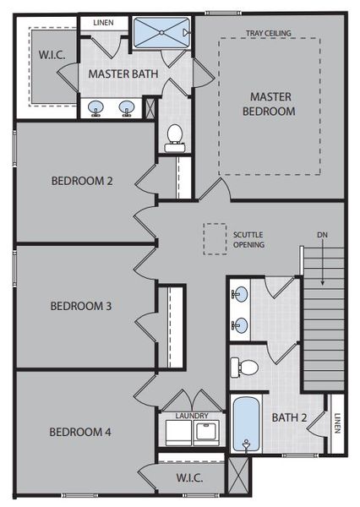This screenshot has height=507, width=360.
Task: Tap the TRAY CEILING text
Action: tap(269, 33)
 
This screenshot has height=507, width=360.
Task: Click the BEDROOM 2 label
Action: tap(82, 180)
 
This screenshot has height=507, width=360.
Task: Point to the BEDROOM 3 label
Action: tap(81, 306)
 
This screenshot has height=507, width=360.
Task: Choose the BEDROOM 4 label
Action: tap(81, 432)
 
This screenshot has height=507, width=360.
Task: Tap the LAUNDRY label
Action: tap(192, 416)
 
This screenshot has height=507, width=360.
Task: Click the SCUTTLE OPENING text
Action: tap(249, 239)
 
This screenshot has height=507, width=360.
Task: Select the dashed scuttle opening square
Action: tap(215, 237)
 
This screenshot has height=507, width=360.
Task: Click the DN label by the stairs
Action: tap(322, 234)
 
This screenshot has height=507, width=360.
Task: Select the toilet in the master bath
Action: tap(176, 135)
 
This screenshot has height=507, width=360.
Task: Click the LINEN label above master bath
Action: tap(103, 22)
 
